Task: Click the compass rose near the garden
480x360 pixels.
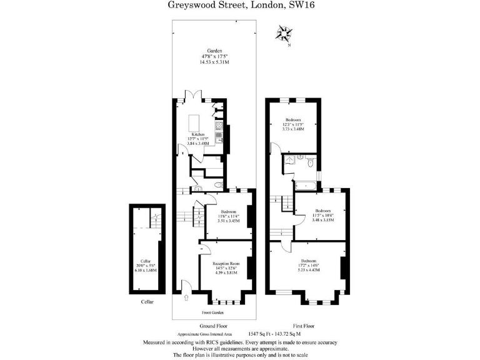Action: click(x=286, y=33)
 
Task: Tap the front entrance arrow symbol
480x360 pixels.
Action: click(x=187, y=299)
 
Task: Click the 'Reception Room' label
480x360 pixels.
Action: click(x=226, y=264)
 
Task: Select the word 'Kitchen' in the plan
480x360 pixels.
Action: click(x=199, y=134)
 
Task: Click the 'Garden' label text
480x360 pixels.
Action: click(x=215, y=51)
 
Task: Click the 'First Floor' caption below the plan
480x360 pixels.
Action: click(x=303, y=326)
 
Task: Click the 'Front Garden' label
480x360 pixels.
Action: click(x=214, y=312)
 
